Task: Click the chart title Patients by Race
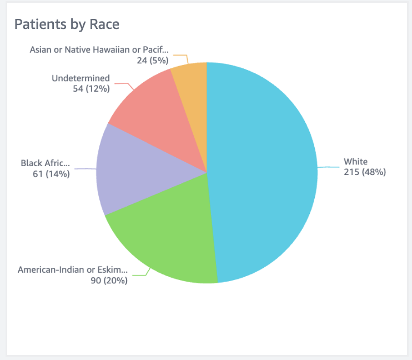67,24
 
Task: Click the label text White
355,162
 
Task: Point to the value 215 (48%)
364,172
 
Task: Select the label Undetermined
81,78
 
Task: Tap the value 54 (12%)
91,88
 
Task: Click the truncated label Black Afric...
46,163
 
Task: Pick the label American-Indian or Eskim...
72,270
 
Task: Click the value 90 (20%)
109,281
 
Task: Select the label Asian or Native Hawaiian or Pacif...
98,49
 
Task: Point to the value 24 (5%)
152,60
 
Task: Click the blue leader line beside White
329,167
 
